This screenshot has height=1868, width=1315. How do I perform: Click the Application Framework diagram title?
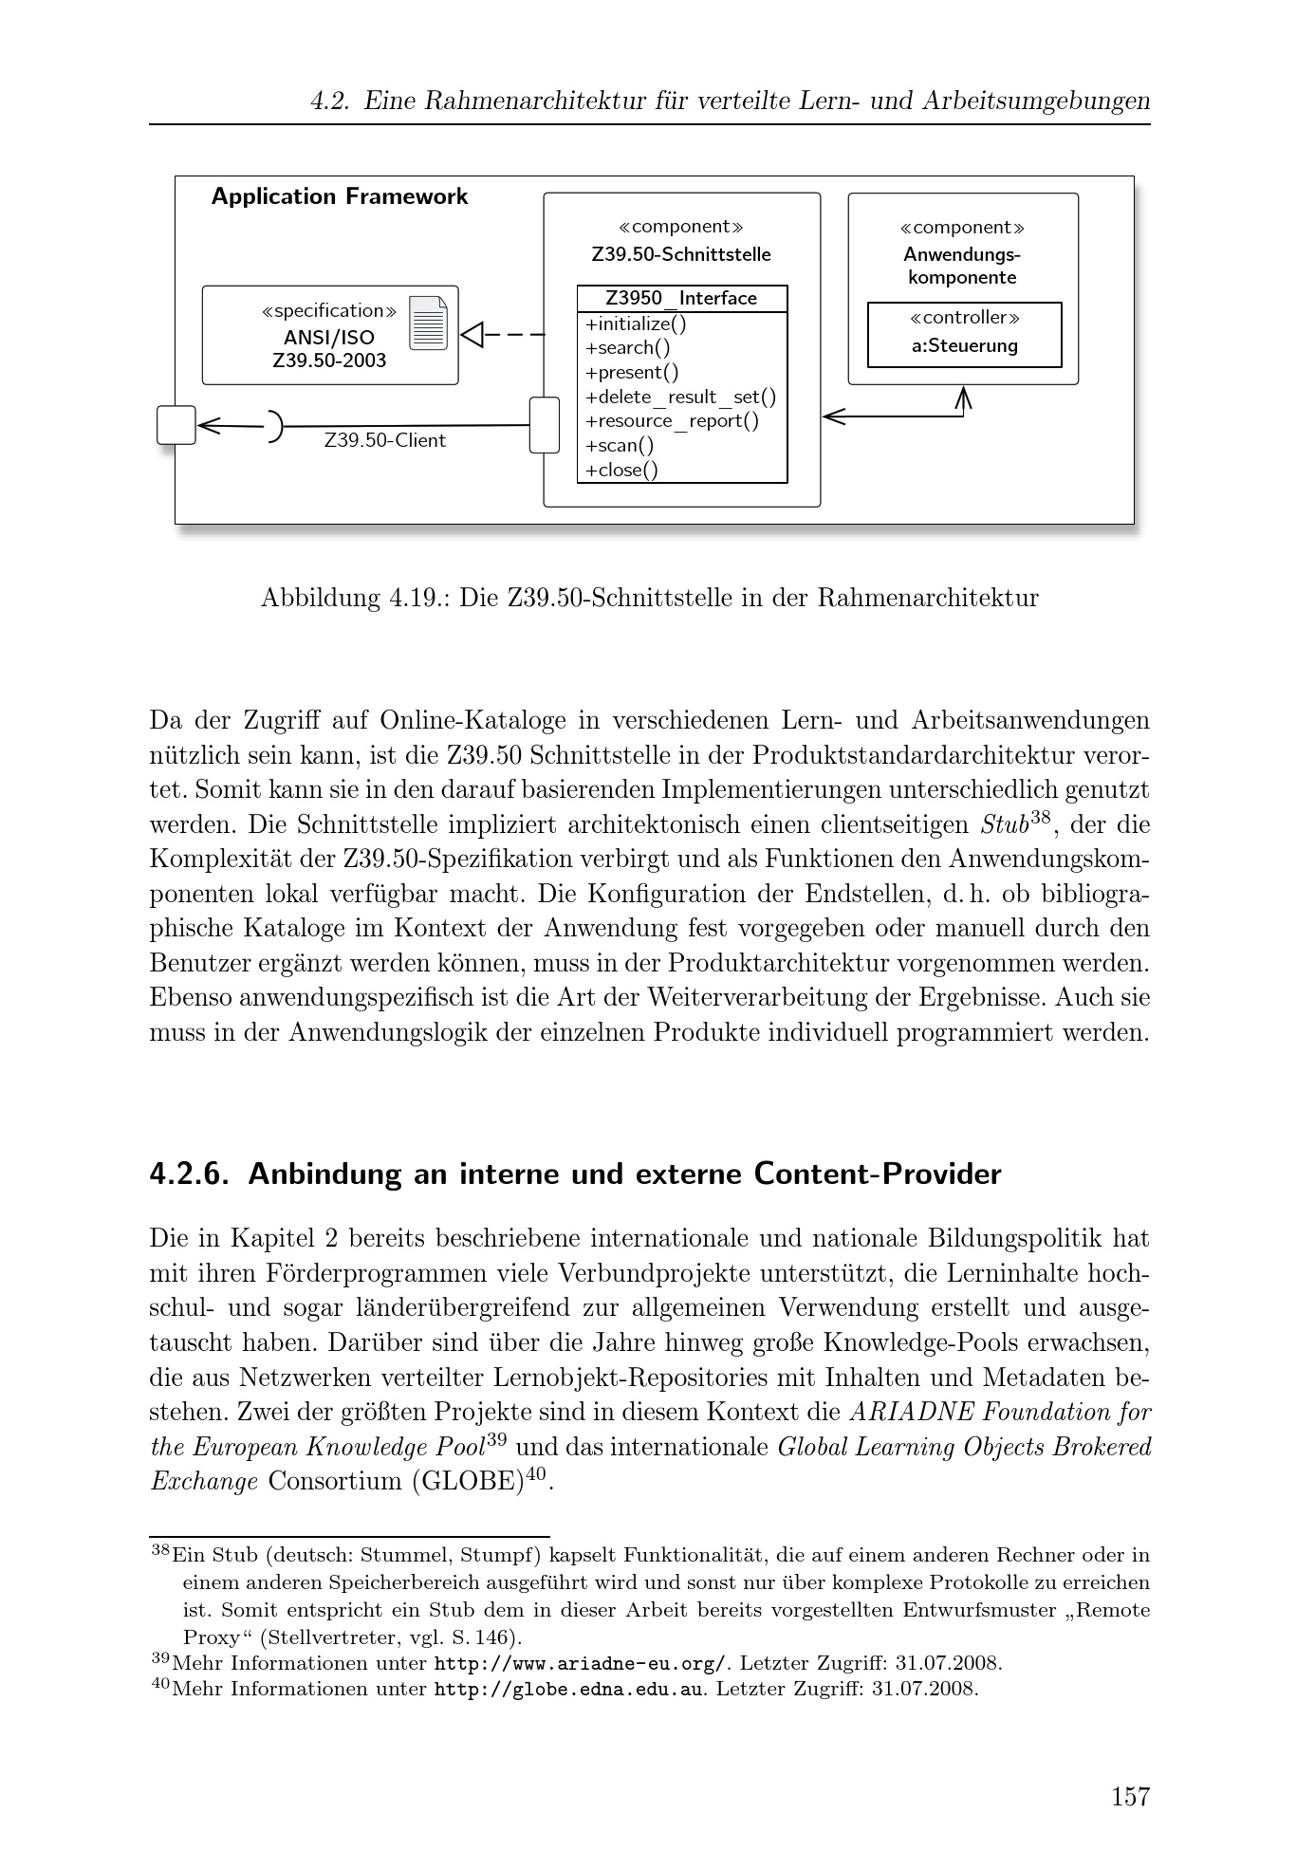[x=340, y=196]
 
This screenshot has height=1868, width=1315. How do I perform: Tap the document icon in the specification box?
[x=428, y=324]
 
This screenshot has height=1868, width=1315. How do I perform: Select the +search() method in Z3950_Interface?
[x=627, y=348]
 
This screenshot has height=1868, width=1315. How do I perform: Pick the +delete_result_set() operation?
[x=680, y=398]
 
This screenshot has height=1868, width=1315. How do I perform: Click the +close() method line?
[x=621, y=471]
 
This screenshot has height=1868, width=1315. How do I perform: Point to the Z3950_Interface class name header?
[x=681, y=299]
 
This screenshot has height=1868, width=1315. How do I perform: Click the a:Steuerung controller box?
[x=964, y=335]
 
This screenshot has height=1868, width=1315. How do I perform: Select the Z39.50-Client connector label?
[x=384, y=441]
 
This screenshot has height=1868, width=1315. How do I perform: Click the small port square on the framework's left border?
[x=176, y=425]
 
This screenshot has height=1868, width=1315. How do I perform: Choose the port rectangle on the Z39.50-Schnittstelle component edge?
[x=545, y=425]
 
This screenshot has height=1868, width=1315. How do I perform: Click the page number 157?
[x=1130, y=1796]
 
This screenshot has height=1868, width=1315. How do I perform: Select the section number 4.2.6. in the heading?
[x=190, y=1174]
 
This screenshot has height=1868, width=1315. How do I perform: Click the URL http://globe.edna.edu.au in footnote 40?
[x=569, y=1689]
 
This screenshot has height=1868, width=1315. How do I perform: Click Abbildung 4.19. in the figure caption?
[x=356, y=598]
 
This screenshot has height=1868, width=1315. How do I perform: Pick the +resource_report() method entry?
[x=672, y=421]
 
